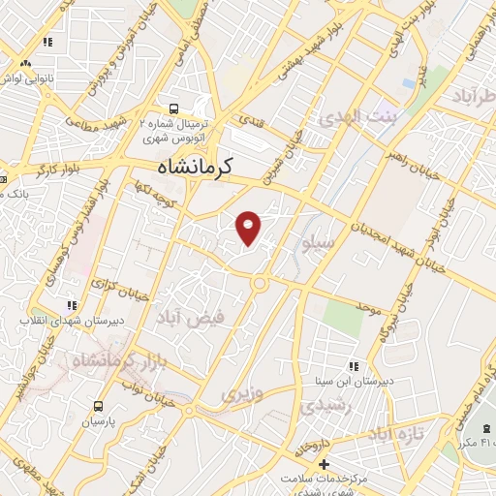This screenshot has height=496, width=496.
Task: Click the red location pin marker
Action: pyautogui.click(x=250, y=227)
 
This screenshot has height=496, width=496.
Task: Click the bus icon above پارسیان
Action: pyautogui.click(x=98, y=407)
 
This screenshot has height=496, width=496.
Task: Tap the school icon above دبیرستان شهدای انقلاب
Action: pyautogui.click(x=70, y=305)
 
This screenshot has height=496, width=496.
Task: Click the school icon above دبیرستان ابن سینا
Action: pyautogui.click(x=354, y=366)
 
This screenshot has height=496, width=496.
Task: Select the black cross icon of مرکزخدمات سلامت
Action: pyautogui.click(x=325, y=464)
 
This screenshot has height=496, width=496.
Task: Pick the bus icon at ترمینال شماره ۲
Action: pyautogui.click(x=174, y=108)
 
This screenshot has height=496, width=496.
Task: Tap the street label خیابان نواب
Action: pyautogui.click(x=139, y=381)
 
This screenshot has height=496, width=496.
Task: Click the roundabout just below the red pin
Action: pyautogui.click(x=260, y=283)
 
